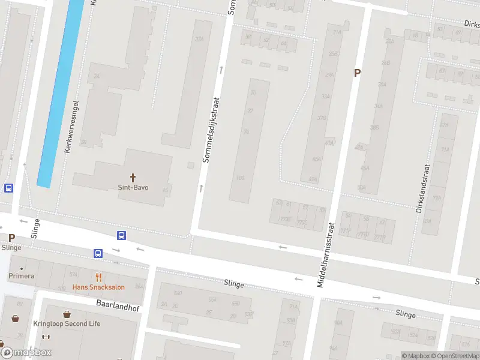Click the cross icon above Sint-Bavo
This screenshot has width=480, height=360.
pyautogui.click(x=133, y=178)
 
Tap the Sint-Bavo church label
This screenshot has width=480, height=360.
pyautogui.click(x=133, y=187)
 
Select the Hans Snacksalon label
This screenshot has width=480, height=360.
pyautogui.click(x=98, y=287)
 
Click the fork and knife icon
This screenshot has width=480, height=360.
pyautogui.click(x=99, y=277)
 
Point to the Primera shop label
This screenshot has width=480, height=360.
pyautogui.click(x=22, y=277)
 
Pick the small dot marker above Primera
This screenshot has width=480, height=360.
pyautogui.click(x=22, y=268)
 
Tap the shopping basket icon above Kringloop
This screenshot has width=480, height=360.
pyautogui.click(x=66, y=314)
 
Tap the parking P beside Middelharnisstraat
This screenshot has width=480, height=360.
pyautogui.click(x=358, y=73)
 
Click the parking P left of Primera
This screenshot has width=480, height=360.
pyautogui.click(x=11, y=238)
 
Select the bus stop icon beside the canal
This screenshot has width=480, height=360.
pyautogui.click(x=8, y=188)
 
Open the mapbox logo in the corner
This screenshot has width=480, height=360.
pyautogui.click(x=26, y=353)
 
